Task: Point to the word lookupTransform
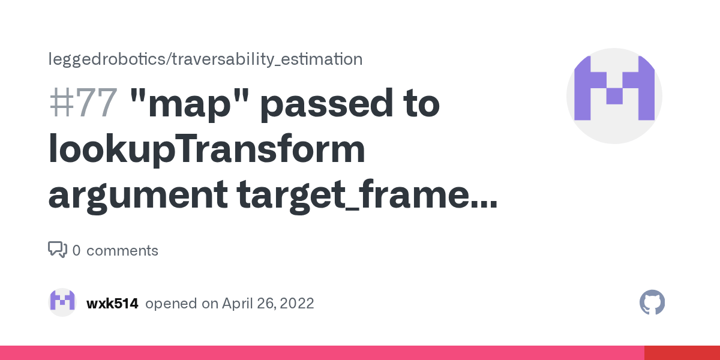click(206, 150)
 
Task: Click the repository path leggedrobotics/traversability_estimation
click(205, 59)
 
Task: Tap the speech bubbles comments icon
click(57, 250)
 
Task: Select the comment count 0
click(76, 251)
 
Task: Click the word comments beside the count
click(122, 251)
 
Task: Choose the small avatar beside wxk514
click(62, 302)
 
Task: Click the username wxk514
click(112, 304)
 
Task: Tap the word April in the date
click(238, 304)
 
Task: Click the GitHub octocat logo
click(652, 303)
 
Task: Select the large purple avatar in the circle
click(614, 96)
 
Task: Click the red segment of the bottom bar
click(682, 353)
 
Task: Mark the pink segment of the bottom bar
click(322, 353)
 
